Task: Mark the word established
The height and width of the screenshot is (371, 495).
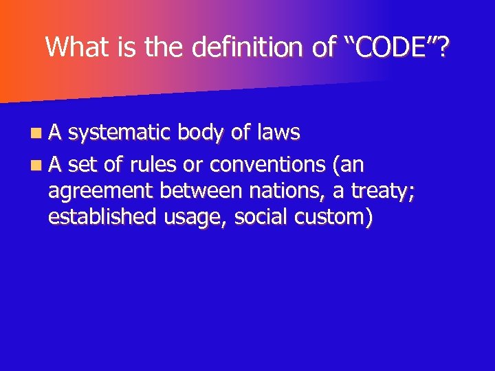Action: (x=103, y=216)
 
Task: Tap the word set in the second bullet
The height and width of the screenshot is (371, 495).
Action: (x=83, y=165)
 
